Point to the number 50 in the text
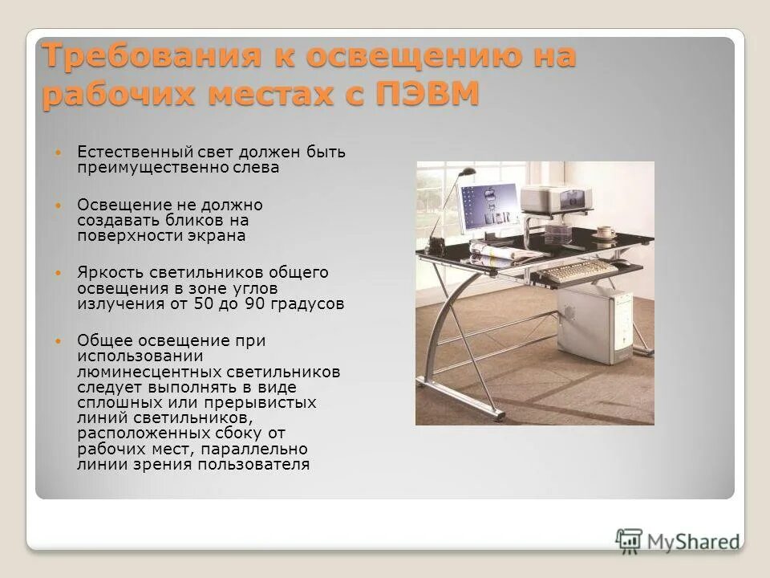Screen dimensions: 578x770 pos(202,304)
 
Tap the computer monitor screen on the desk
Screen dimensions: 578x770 pos(488,206)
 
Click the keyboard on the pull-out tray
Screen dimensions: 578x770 pos(579,271)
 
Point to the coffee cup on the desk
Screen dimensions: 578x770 pos(606,234)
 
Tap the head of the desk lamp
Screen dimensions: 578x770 pos(466,172)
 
